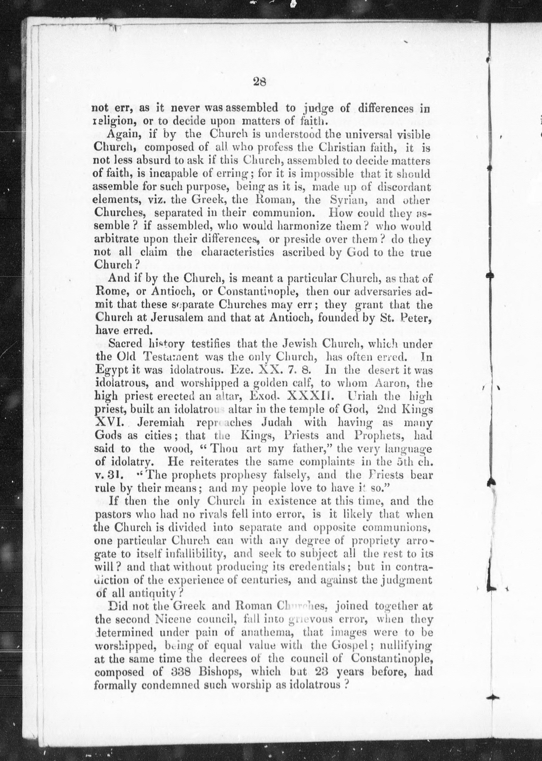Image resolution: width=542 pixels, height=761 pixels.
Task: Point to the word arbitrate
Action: (116, 240)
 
